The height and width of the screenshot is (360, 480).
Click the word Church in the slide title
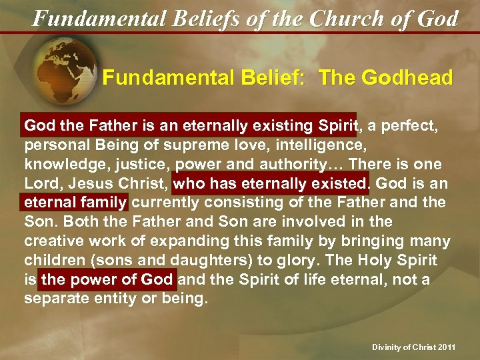344,18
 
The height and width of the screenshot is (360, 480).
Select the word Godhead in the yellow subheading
407,77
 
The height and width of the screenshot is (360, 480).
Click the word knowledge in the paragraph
61,163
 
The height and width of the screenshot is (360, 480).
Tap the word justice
128,163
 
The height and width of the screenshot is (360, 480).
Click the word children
51,260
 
